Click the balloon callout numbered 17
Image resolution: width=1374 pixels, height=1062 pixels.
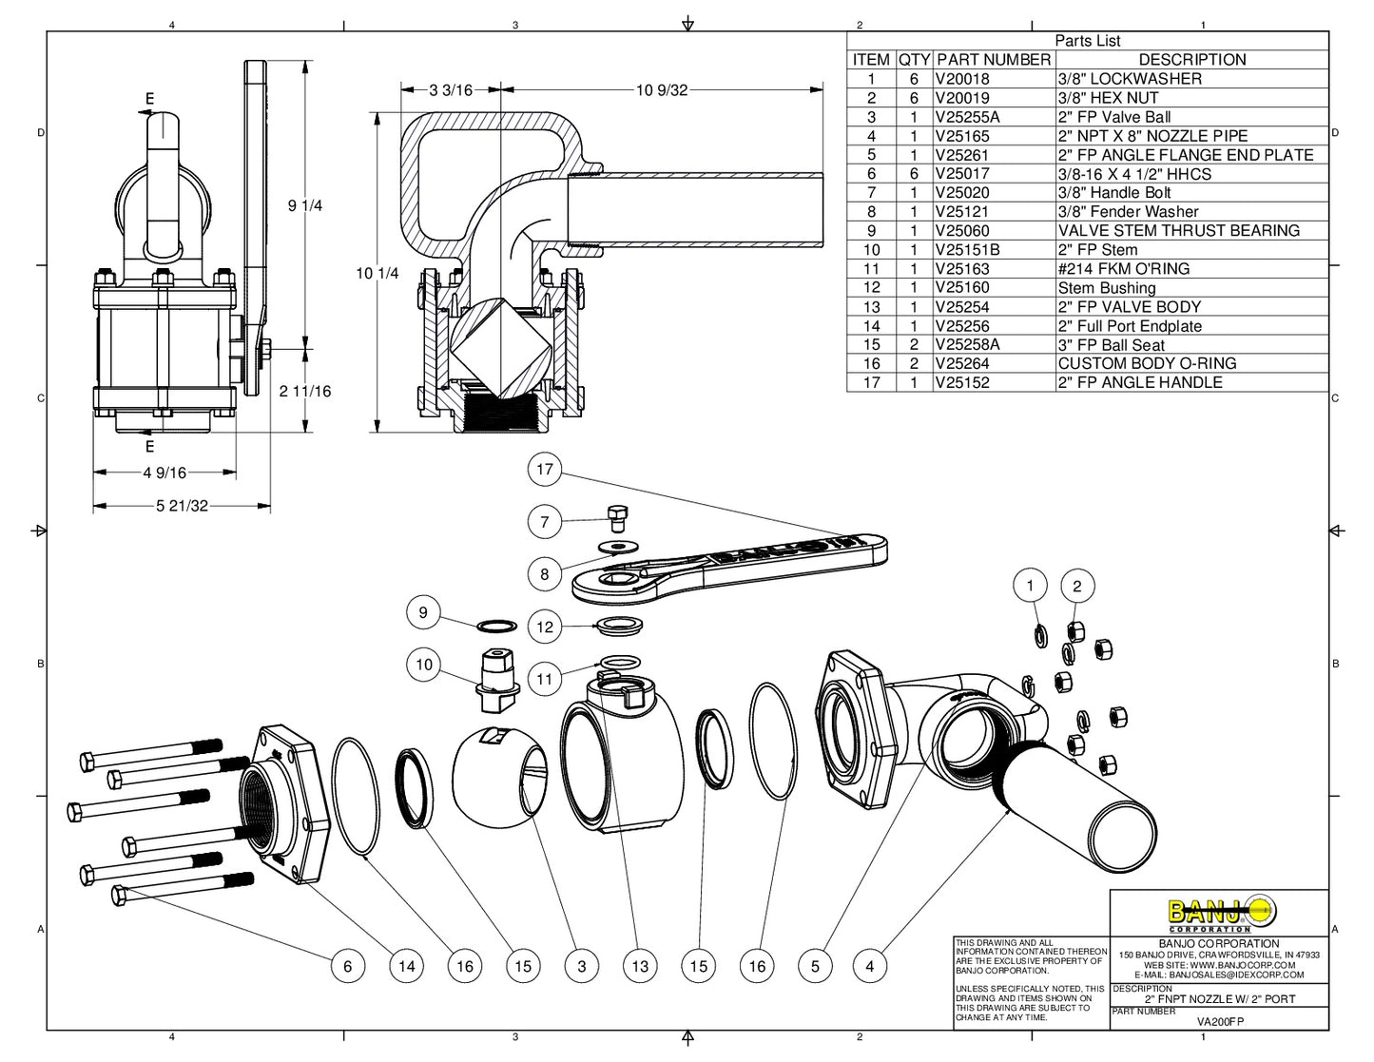544,469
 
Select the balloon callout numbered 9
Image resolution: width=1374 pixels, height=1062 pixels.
423,612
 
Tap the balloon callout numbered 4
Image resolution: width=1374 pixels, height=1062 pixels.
869,966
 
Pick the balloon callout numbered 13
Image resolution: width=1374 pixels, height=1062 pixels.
640,966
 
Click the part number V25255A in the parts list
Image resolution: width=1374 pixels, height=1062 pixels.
967,117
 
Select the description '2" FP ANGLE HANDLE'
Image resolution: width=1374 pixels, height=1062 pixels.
1140,382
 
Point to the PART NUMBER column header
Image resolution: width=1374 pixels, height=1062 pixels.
994,59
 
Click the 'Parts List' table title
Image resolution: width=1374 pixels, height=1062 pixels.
1087,41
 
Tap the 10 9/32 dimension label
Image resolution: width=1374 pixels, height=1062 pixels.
661,90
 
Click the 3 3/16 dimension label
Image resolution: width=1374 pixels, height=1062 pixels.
451,90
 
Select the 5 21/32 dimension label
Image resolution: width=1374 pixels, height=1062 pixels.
182,506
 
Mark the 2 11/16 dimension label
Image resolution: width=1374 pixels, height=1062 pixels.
305,391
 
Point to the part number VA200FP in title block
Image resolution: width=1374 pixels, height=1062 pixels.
1219,1021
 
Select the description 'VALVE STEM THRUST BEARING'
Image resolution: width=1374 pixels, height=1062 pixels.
1178,231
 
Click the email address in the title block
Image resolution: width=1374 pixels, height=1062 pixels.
1219,975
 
